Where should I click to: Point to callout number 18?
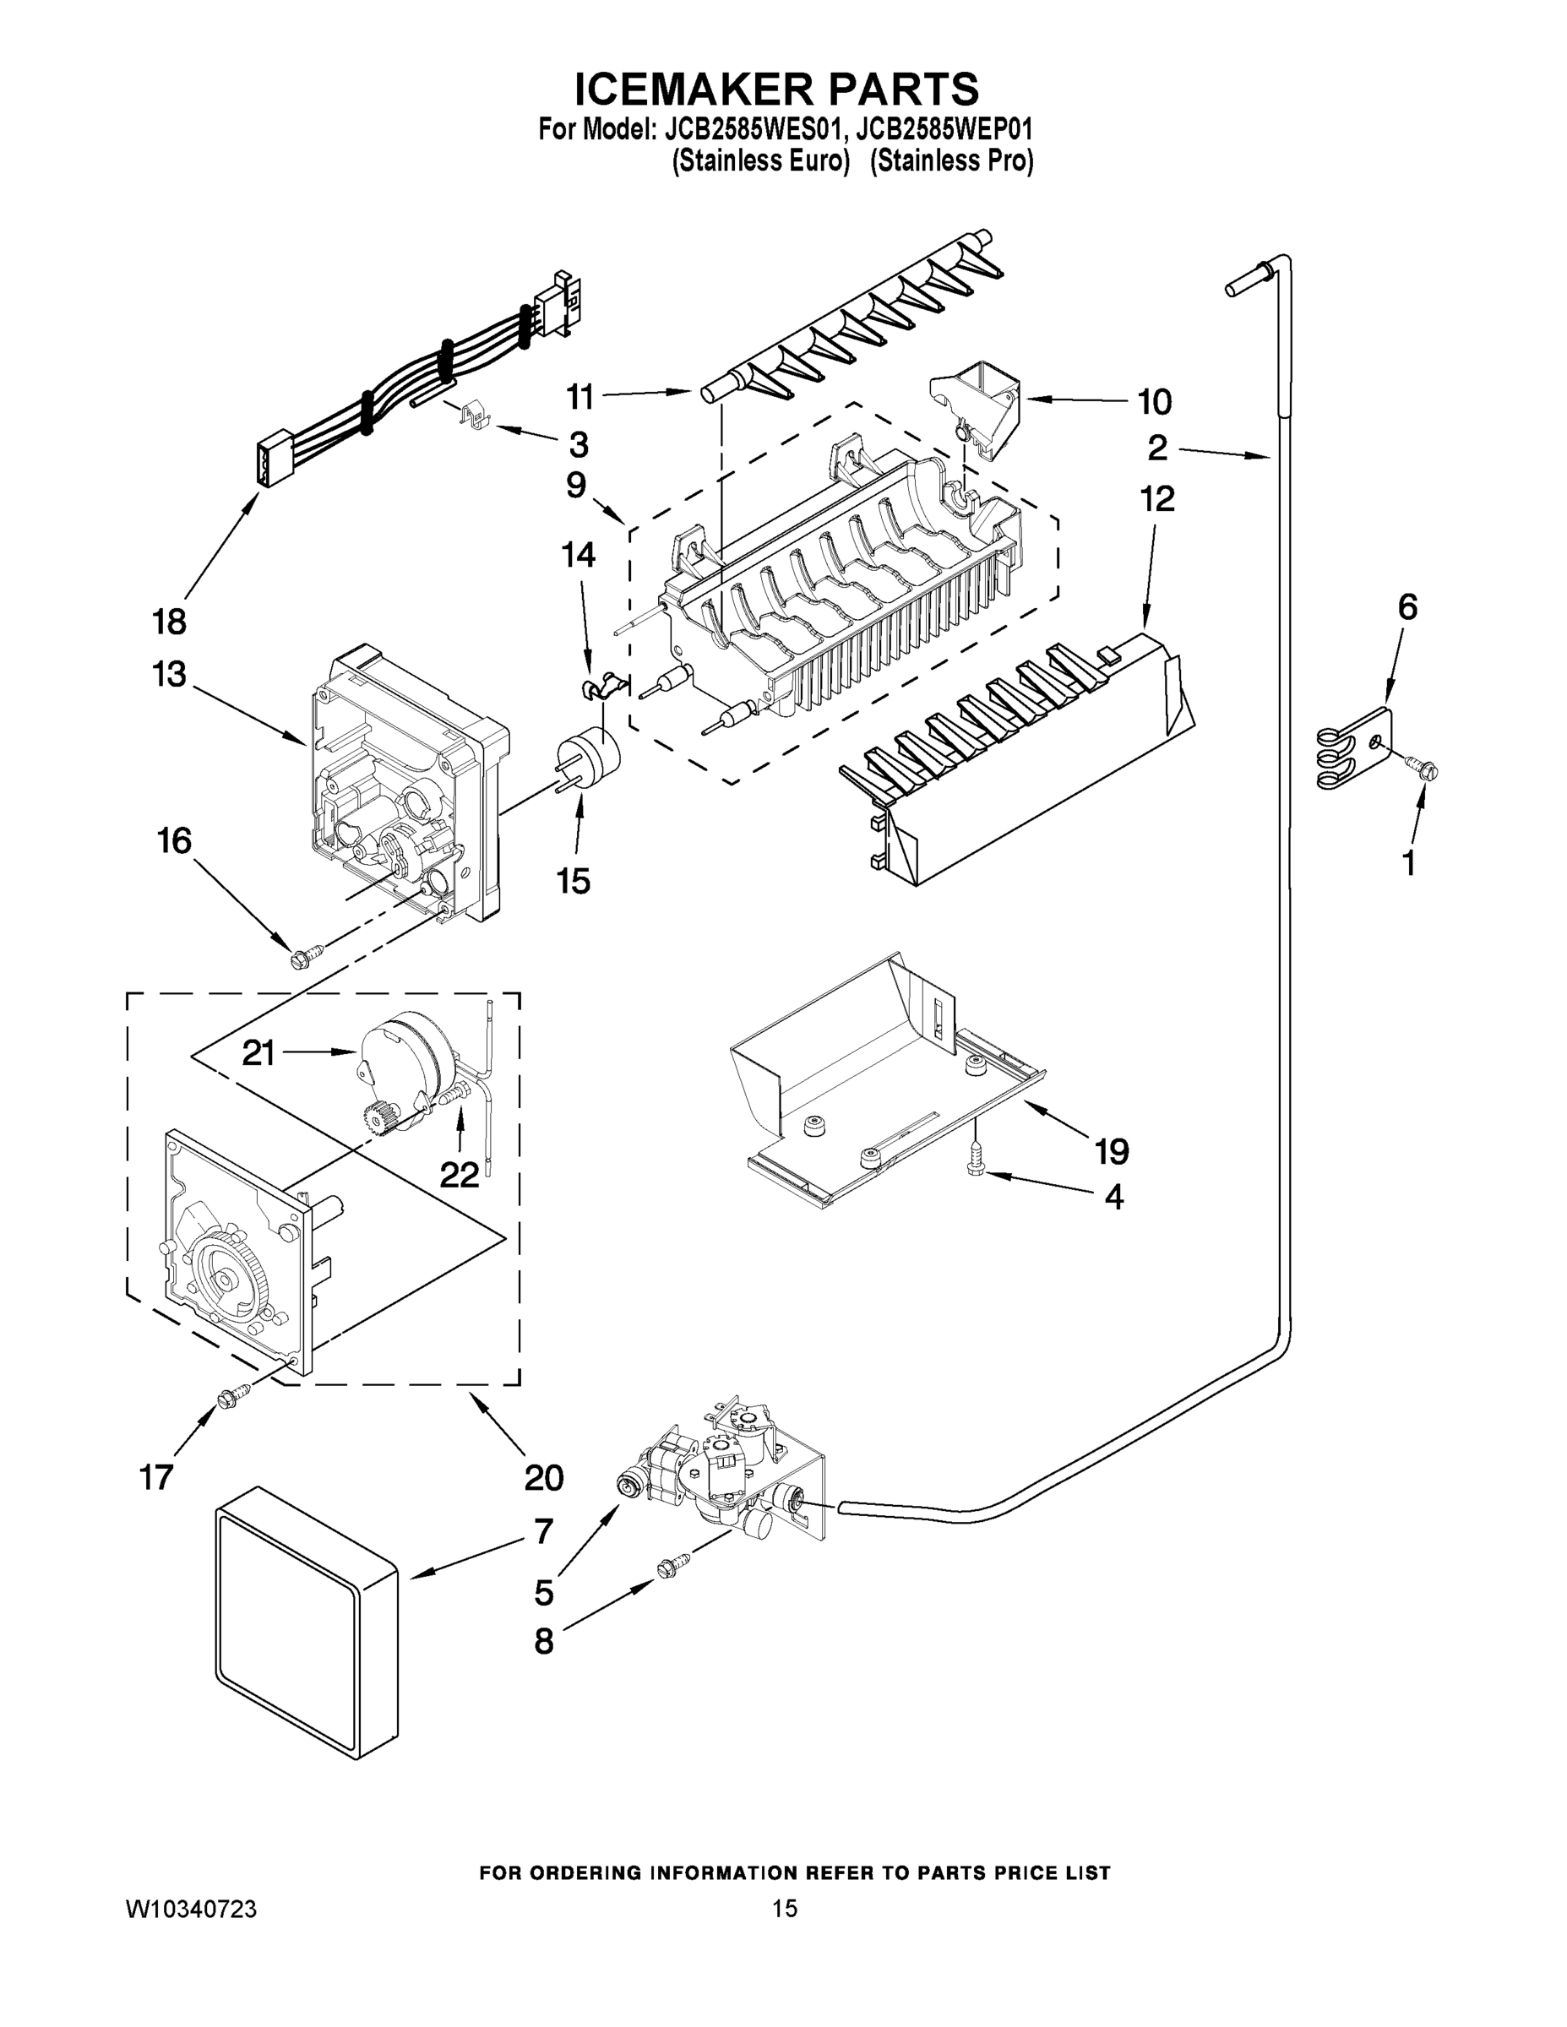[x=169, y=621]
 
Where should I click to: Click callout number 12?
[x=1156, y=499]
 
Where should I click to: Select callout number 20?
[x=543, y=1476]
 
